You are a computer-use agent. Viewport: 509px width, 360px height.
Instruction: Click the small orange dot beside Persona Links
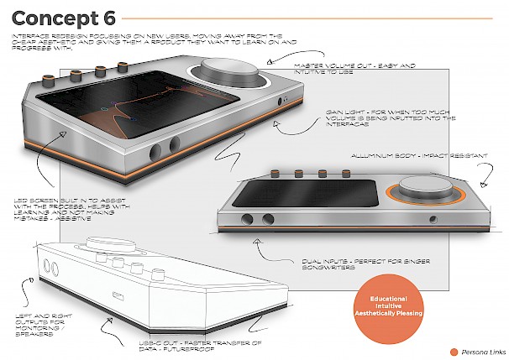coord(454,351)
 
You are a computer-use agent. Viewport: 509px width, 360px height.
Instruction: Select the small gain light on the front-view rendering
coord(433,220)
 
